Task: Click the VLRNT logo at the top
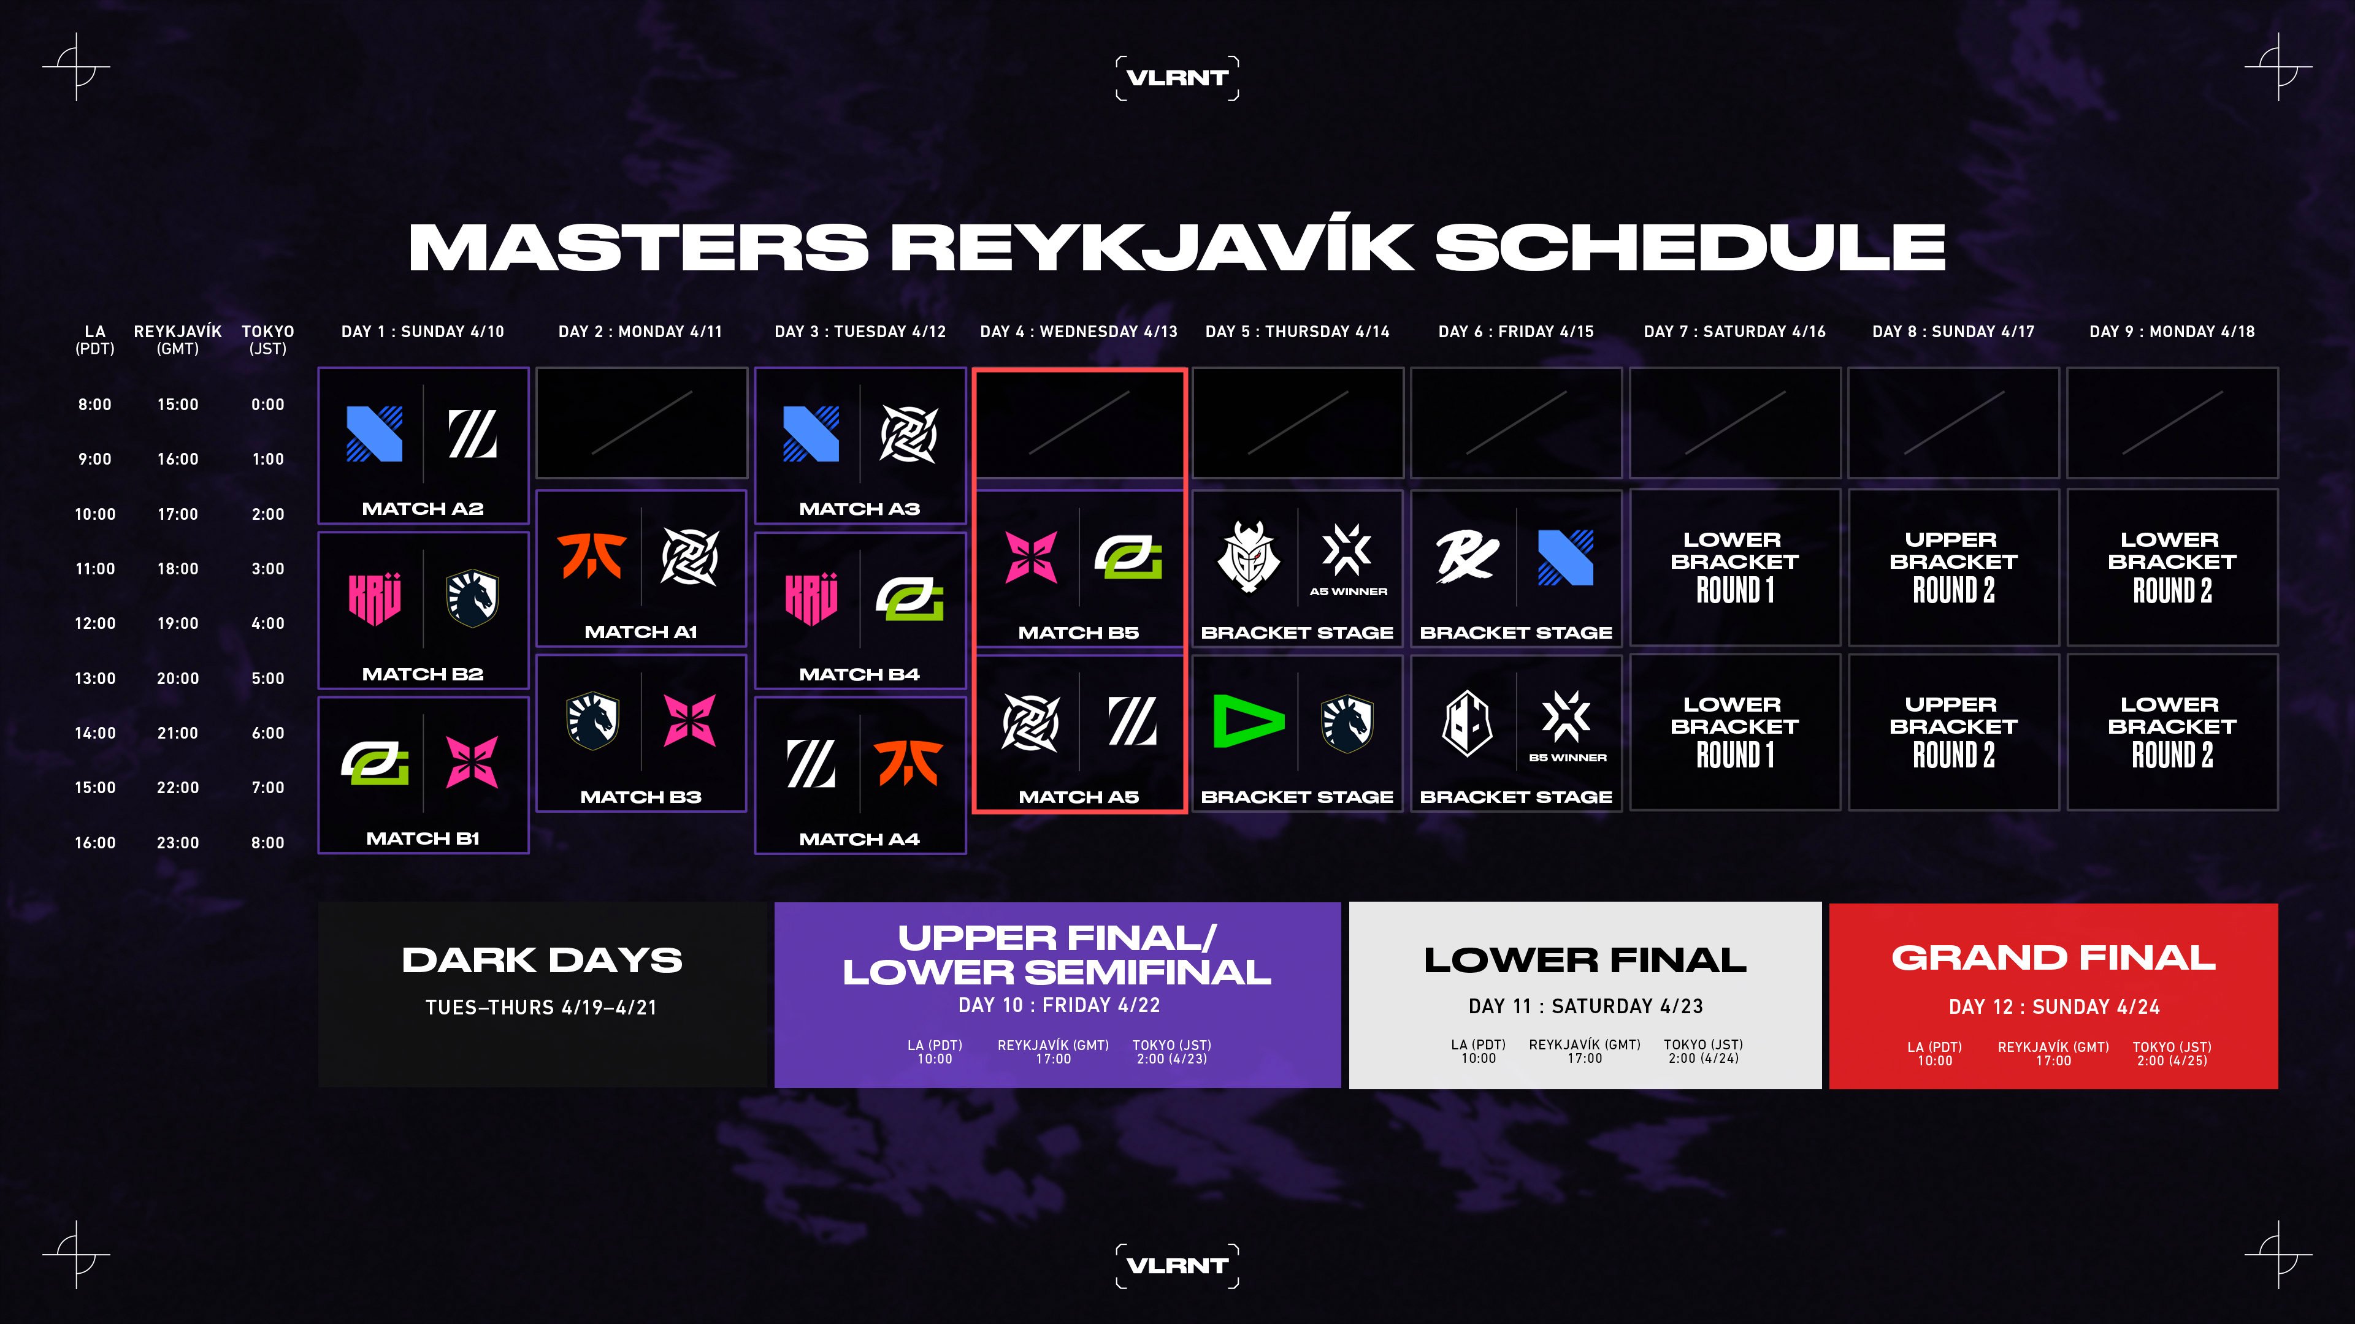pos(1177,78)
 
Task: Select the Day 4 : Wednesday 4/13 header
pos(1078,332)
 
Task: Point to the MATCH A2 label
pos(423,509)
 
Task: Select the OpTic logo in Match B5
pos(1128,557)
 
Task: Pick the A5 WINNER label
pos(1347,591)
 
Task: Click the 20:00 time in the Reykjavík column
pos(177,678)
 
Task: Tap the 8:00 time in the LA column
pos(94,405)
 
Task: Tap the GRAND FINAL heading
pos(2053,957)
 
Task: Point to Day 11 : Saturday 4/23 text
pos(1585,1006)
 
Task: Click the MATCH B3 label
pos(641,797)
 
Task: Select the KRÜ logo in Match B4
pos(811,598)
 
